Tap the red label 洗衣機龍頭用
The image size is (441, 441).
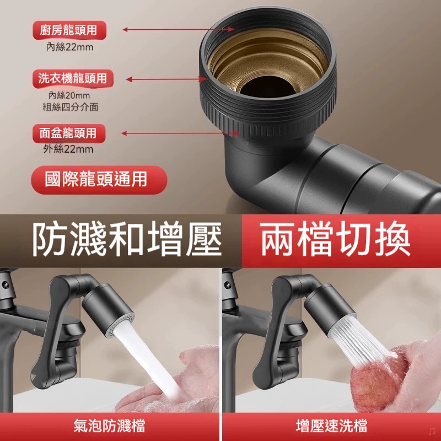click(72, 78)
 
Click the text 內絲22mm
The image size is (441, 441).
click(69, 47)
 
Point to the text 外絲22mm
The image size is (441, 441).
click(68, 149)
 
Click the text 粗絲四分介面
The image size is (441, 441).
click(71, 106)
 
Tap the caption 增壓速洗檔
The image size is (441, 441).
click(331, 426)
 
